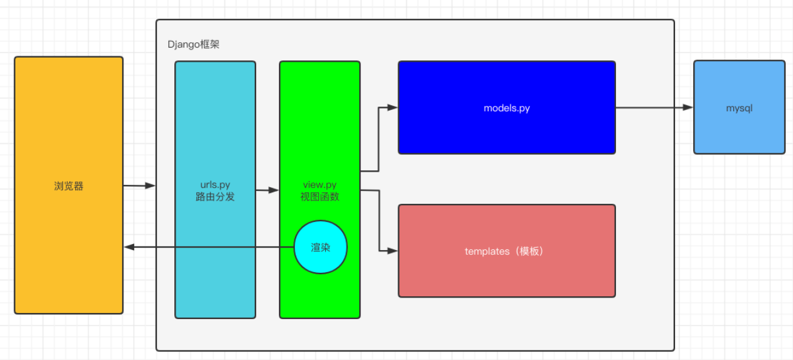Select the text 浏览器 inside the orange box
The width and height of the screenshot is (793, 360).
pyautogui.click(x=68, y=186)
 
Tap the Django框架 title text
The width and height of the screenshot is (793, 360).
pyautogui.click(x=193, y=45)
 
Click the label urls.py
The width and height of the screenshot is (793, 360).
pyautogui.click(x=215, y=184)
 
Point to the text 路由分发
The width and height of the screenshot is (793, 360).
pyautogui.click(x=215, y=197)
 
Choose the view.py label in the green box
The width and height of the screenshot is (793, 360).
pyautogui.click(x=319, y=184)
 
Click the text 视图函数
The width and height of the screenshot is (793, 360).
pyautogui.click(x=319, y=197)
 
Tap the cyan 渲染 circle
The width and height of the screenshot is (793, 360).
pyautogui.click(x=320, y=247)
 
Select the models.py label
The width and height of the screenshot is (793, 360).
pyautogui.click(x=506, y=108)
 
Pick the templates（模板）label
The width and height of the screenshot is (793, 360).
pyautogui.click(x=506, y=251)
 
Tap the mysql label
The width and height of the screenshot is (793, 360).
pyautogui.click(x=739, y=108)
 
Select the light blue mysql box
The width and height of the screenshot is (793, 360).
pyautogui.click(x=739, y=134)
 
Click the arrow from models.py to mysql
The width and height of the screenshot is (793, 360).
pyautogui.click(x=654, y=107)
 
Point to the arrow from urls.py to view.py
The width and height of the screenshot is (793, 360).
pyautogui.click(x=267, y=190)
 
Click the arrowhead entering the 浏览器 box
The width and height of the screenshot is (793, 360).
pyautogui.click(x=129, y=247)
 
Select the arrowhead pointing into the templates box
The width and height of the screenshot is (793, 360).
pyautogui.click(x=393, y=251)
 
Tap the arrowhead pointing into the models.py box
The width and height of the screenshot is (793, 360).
pyautogui.click(x=393, y=107)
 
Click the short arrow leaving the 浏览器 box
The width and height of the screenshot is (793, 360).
pyautogui.click(x=139, y=186)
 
